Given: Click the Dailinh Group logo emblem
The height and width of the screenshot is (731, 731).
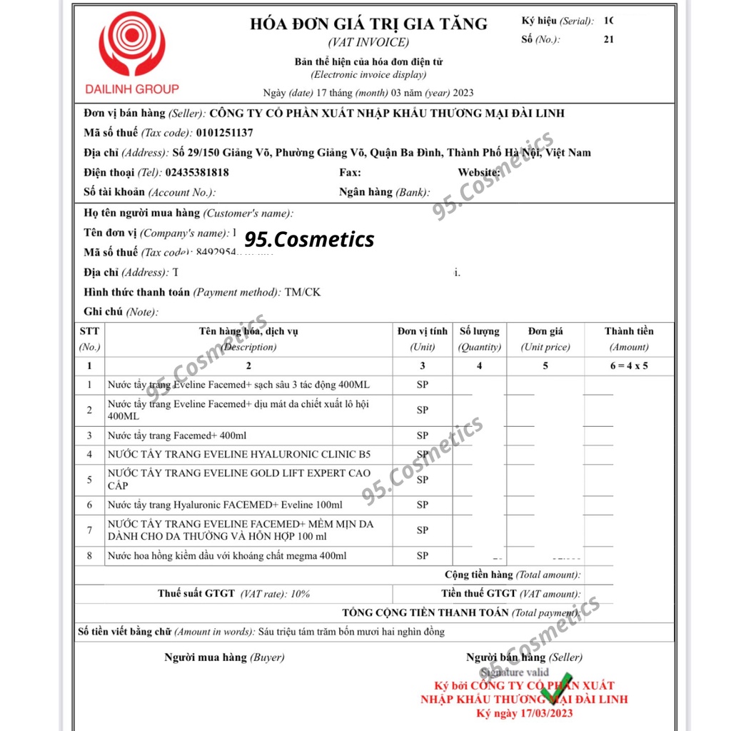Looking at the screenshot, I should (x=132, y=45).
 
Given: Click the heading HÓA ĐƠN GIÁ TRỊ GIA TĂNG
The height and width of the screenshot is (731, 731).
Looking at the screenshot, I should (x=368, y=24).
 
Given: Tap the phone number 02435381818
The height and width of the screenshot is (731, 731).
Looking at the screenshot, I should (x=196, y=173).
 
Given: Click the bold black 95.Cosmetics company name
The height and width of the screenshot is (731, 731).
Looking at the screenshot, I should (x=310, y=239).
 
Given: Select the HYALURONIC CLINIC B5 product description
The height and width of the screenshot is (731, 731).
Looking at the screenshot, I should (x=239, y=454).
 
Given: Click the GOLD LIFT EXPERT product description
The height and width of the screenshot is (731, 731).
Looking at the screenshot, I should (x=239, y=479).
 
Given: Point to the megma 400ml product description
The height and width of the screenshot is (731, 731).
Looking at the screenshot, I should (x=227, y=555).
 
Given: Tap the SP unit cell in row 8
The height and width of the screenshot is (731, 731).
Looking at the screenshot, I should (x=423, y=555).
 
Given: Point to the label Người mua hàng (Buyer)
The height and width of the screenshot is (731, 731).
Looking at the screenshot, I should (x=223, y=657).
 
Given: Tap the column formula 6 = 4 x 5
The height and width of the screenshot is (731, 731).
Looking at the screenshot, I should (x=628, y=366).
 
